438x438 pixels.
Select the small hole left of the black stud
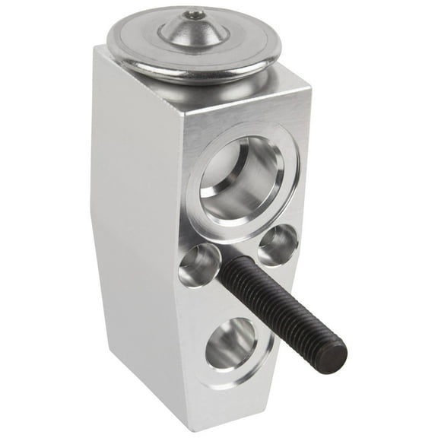click(x=200, y=265)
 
